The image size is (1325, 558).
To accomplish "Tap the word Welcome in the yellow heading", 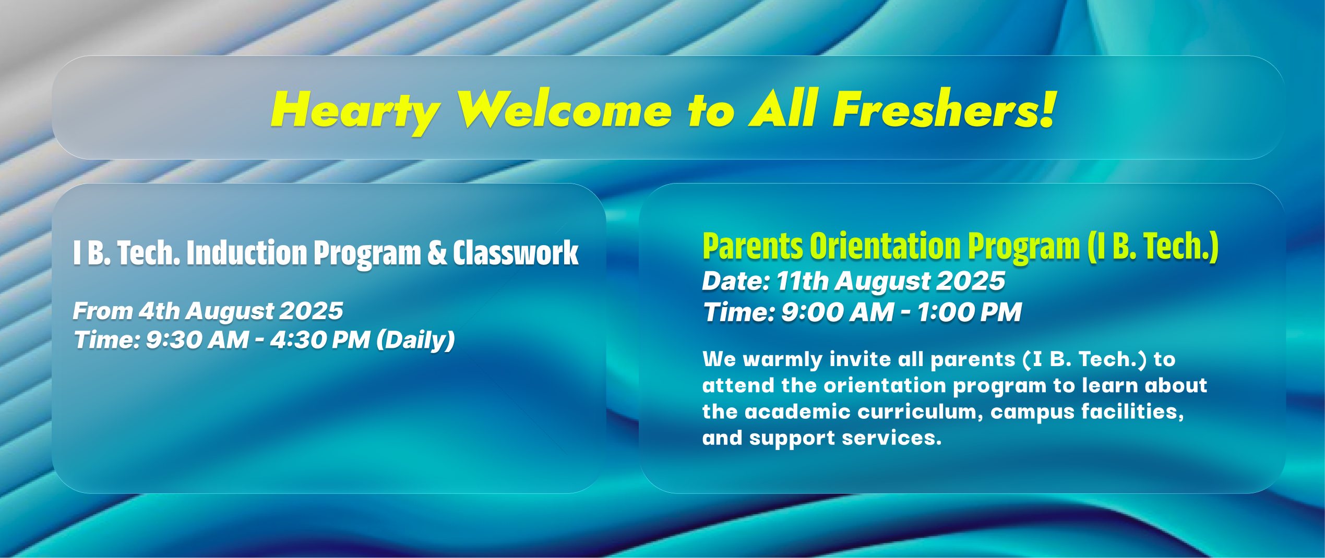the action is coord(565,108).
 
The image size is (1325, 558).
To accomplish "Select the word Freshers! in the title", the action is coord(945,108).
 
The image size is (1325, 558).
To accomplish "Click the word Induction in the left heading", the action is coord(247,253).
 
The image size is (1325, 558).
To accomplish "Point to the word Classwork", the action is coord(516,253).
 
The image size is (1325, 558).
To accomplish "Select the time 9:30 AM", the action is coord(197,340).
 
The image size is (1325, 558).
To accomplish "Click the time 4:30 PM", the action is coord(320,340).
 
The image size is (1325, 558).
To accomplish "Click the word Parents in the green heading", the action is coord(753,246).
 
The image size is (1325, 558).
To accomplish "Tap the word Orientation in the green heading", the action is coord(885,246).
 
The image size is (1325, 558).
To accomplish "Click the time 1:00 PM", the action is coord(969,312).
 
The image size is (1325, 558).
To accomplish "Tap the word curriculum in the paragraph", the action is coord(921,412).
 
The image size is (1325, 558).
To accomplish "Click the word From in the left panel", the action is coord(103,311).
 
